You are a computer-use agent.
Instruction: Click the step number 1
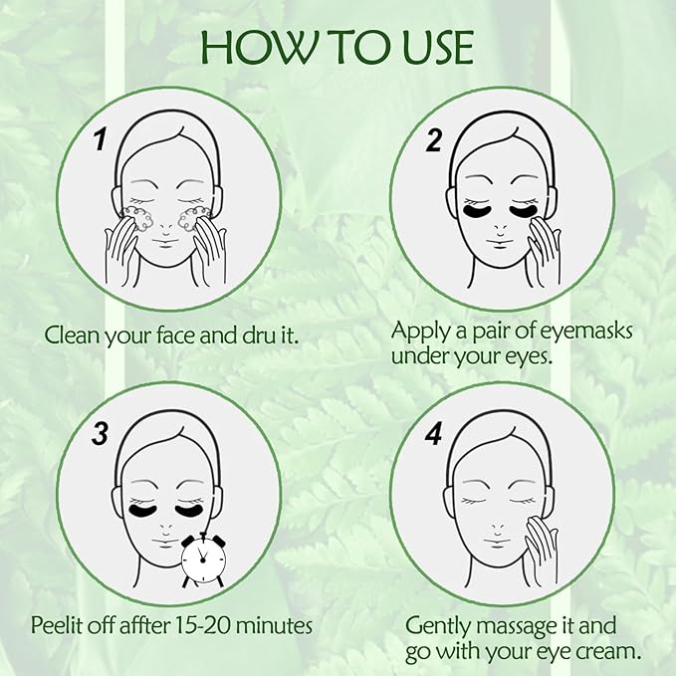coord(101,138)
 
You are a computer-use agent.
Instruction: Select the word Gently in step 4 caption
coord(435,626)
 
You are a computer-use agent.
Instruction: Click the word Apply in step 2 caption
coord(417,330)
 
